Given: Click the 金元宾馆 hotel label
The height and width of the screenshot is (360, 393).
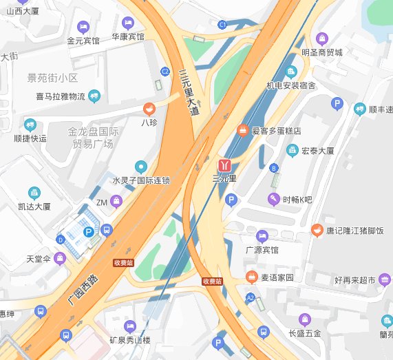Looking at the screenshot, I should pos(83,41).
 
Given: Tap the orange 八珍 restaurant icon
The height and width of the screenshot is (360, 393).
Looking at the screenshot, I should pos(149,109).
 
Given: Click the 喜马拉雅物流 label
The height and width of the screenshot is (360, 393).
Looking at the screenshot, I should pos(61,96).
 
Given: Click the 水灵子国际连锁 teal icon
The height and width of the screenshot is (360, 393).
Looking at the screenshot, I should pos(141,166).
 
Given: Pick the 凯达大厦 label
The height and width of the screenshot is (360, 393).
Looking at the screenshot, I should pos(34,206).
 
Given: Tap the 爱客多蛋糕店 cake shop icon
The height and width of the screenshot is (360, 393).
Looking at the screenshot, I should pos(242,129).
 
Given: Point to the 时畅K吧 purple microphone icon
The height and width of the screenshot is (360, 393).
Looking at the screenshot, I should pos(273,200).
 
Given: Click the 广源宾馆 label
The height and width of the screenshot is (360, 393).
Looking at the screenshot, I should pos(262,249).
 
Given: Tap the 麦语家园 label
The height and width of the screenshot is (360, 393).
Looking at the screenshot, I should pos(275,277).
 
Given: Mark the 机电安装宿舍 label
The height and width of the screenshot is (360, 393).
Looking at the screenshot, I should pos(290,85).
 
